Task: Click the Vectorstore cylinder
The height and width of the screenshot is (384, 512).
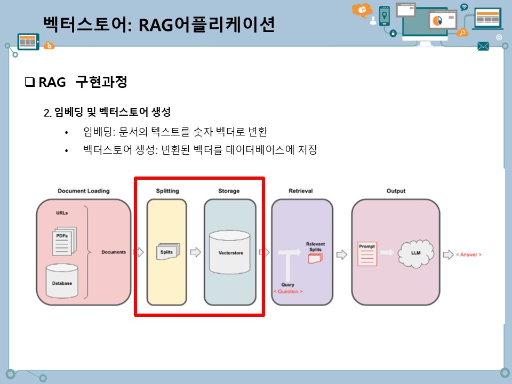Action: pyautogui.click(x=230, y=251)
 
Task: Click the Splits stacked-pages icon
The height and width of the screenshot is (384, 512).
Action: pyautogui.click(x=168, y=251)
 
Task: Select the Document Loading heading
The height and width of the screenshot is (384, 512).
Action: pyautogui.click(x=84, y=191)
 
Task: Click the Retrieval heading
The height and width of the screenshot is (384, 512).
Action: pyautogui.click(x=300, y=191)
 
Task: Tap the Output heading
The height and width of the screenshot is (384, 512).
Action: pyautogui.click(x=395, y=191)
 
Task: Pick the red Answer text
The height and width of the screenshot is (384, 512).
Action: pyautogui.click(x=468, y=254)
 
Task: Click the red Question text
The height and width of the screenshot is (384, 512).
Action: pyautogui.click(x=288, y=292)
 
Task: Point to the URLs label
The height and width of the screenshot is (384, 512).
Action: pyautogui.click(x=62, y=213)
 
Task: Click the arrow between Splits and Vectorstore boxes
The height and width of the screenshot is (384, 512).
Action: pyautogui.click(x=195, y=252)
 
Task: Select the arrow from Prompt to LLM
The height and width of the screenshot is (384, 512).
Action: pyautogui.click(x=388, y=253)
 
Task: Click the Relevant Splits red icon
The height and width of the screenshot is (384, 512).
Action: pyautogui.click(x=315, y=259)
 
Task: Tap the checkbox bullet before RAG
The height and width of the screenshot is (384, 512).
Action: pyautogui.click(x=29, y=83)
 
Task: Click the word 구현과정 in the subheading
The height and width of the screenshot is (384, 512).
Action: pyautogui.click(x=101, y=82)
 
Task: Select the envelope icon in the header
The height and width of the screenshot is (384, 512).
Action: pyautogui.click(x=483, y=46)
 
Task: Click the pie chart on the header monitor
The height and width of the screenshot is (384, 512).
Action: pyautogui.click(x=437, y=20)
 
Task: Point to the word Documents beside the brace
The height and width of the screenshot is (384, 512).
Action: pyautogui.click(x=114, y=252)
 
